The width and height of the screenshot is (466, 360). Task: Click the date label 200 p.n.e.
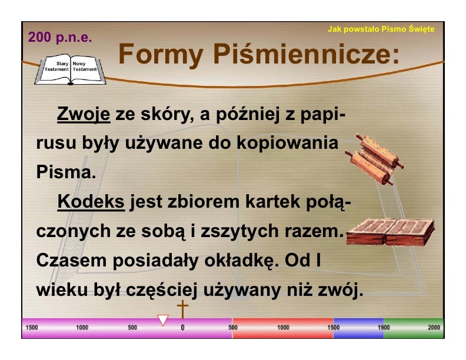tap(60, 38)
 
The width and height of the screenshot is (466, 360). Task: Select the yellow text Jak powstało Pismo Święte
tap(381, 29)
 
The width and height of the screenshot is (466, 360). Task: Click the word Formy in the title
tap(161, 54)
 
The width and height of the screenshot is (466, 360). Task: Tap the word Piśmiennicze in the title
tap(307, 54)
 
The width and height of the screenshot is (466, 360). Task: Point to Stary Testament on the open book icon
tap(56, 66)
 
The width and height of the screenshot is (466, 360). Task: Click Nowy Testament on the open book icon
tap(85, 66)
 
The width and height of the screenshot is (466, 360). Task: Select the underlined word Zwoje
tap(84, 114)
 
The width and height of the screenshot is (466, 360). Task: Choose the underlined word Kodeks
tap(91, 202)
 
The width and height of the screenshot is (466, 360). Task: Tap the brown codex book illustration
tap(390, 232)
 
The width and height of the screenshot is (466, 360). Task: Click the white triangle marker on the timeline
tap(163, 320)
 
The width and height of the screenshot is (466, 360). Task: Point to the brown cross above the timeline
tap(183, 309)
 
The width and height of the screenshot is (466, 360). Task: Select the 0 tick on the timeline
tap(183, 328)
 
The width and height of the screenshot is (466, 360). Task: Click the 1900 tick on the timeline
tap(384, 327)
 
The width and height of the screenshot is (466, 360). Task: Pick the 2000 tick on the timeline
tap(434, 327)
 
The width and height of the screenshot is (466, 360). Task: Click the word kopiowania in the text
tap(287, 144)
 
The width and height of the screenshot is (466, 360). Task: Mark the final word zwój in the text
tap(341, 290)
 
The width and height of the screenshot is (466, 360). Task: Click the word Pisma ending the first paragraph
tap(66, 172)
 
